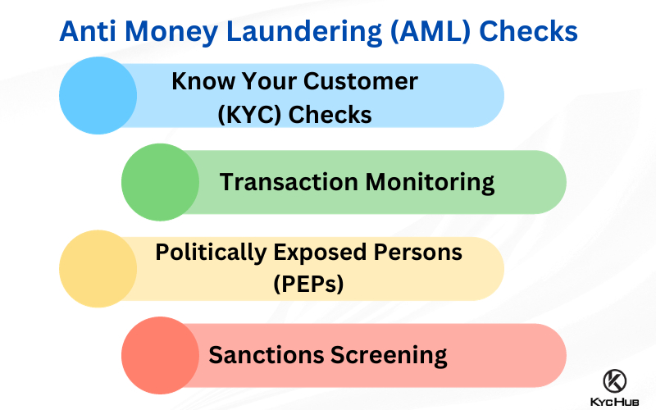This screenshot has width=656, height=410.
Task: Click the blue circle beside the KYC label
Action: tap(98, 95)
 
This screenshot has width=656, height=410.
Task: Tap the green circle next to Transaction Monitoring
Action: tap(160, 182)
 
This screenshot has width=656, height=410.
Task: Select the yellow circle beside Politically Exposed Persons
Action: tap(98, 269)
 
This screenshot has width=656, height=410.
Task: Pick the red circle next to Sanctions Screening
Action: tap(160, 355)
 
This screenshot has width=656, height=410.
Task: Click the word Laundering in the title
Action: tap(304, 32)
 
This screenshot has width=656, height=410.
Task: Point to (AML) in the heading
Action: tap(430, 32)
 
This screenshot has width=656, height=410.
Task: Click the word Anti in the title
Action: tap(88, 31)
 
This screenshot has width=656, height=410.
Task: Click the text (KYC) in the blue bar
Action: tap(250, 115)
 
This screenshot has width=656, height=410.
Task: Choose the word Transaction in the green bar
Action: tap(289, 182)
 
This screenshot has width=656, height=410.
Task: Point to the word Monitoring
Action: tap(430, 183)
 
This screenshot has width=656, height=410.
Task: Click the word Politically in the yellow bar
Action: tap(211, 253)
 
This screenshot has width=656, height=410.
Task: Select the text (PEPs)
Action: tap(308, 284)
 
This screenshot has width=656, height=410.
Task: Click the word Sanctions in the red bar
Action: tap(266, 355)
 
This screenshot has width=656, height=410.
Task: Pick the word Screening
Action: tap(389, 356)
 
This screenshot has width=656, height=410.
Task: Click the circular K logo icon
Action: tap(614, 381)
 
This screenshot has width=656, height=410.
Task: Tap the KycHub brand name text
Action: tap(614, 402)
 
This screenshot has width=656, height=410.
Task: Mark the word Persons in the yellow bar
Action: tap(418, 253)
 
